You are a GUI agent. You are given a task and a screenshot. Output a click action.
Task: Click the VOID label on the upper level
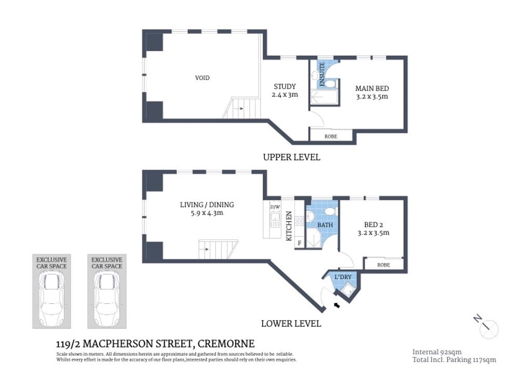coord(202,78)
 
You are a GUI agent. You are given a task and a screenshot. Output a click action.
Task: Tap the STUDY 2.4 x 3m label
coord(284,90)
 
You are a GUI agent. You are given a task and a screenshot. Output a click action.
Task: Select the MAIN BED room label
coord(372,92)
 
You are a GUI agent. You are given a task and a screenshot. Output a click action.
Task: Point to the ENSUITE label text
coord(322,74)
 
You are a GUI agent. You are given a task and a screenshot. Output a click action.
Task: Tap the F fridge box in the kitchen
coord(300,243)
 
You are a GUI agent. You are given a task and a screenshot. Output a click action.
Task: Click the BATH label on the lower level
coord(325,226)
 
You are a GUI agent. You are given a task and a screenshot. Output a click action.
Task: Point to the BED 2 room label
coord(373,229)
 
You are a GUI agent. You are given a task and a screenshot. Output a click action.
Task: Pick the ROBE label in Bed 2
coord(384,265)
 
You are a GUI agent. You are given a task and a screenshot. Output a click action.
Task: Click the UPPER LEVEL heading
coord(291,157)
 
